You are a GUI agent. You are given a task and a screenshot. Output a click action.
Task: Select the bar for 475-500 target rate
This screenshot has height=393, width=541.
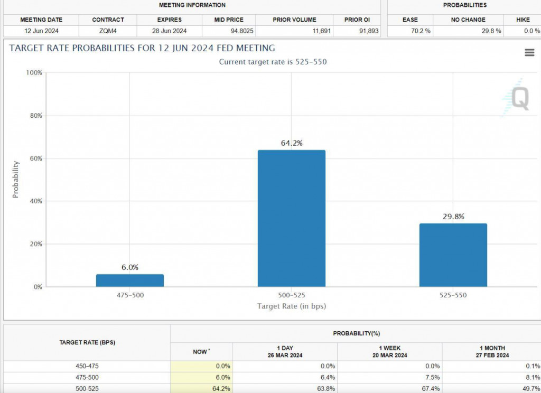click(129, 280)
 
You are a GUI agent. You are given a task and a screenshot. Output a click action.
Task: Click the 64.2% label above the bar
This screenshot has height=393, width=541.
click(292, 143)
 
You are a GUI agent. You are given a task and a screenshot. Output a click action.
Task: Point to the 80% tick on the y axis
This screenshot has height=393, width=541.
click(34, 116)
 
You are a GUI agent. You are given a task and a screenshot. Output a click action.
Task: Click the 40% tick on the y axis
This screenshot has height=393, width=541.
click(34, 201)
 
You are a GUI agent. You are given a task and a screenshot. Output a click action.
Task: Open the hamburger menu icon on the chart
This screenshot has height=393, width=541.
click(529, 52)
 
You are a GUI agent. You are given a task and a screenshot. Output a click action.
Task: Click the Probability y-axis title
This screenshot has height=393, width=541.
click(15, 180)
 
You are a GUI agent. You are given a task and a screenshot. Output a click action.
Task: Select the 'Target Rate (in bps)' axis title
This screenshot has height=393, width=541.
click(291, 306)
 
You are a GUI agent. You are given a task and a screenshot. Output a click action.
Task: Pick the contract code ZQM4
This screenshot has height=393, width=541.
click(108, 31)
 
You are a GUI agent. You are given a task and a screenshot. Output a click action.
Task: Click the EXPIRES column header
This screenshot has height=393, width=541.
click(169, 20)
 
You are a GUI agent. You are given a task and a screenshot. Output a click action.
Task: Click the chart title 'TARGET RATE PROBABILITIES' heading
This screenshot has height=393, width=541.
click(142, 49)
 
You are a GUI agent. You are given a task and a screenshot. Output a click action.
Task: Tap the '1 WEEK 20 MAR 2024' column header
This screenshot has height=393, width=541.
click(389, 352)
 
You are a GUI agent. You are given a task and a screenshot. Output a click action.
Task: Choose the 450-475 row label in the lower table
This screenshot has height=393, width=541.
click(87, 366)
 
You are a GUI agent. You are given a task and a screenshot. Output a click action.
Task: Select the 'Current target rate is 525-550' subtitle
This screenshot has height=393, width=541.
click(273, 62)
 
